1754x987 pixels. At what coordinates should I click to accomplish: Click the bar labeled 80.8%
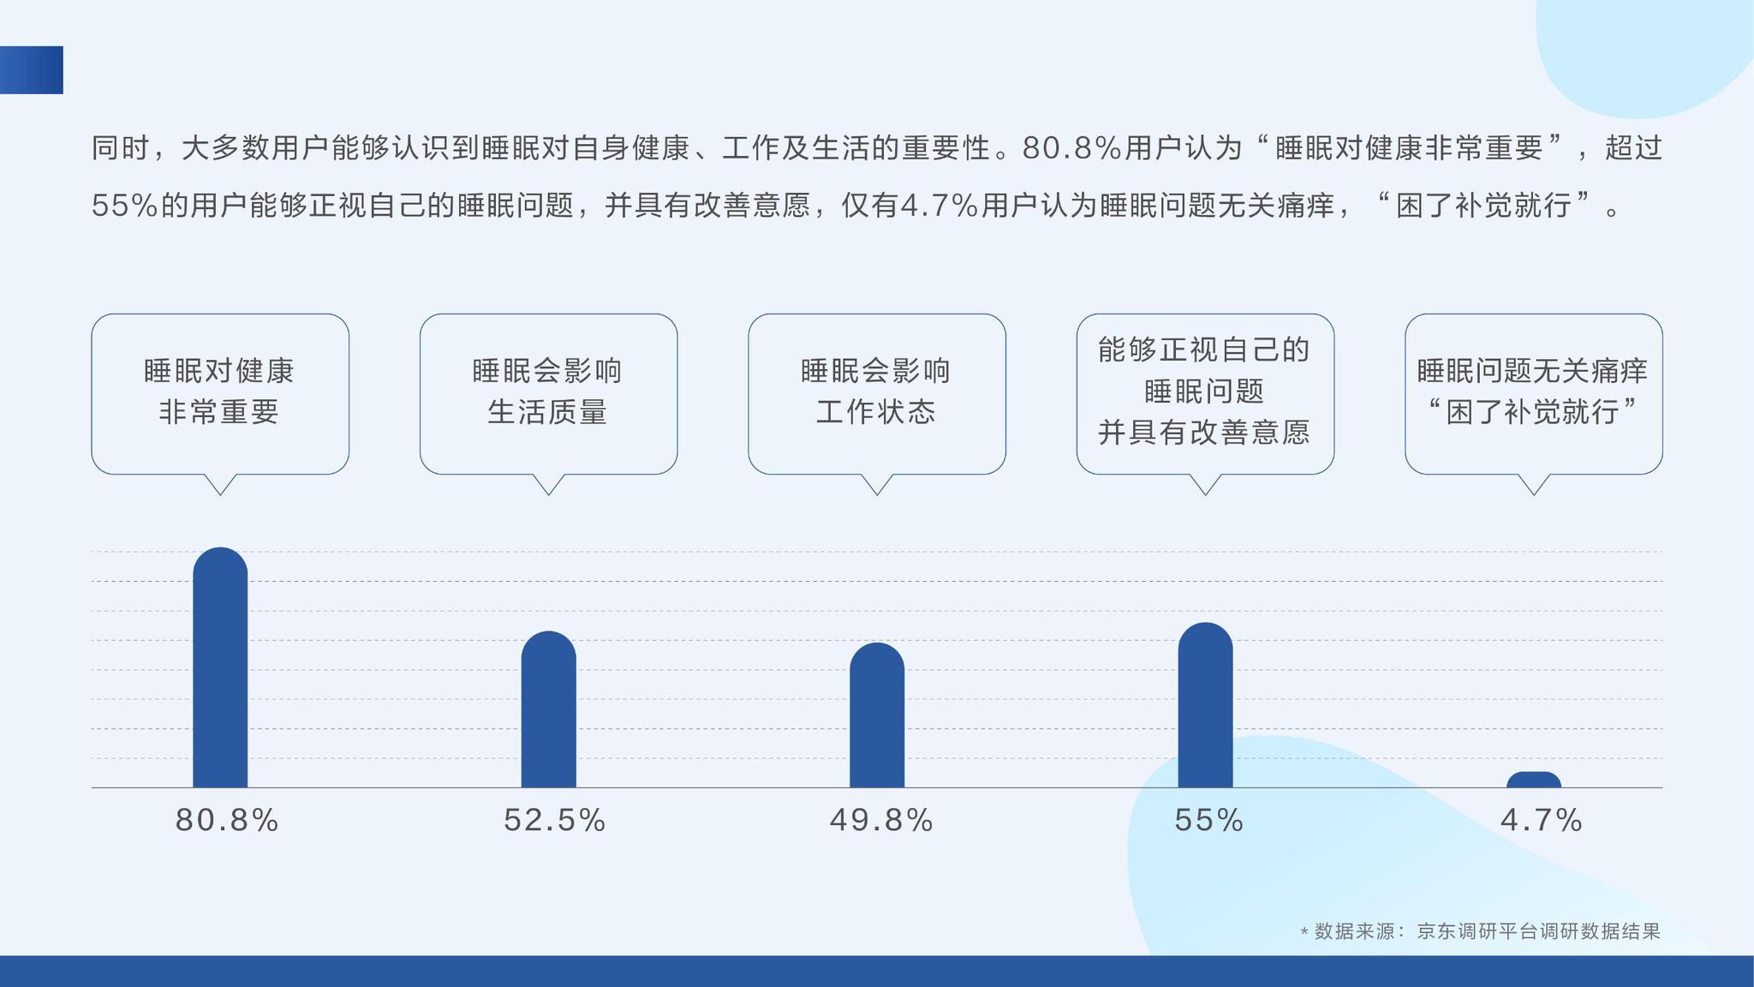220,667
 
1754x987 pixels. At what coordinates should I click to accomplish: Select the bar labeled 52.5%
549,709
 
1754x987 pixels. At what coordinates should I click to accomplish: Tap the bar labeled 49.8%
877,715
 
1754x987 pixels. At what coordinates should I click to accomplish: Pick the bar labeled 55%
1205,705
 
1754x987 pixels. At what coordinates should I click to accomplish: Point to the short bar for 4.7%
1534,780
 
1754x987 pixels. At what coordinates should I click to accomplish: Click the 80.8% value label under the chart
227,821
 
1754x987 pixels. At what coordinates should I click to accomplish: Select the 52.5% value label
555,821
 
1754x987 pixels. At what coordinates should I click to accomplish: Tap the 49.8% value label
881,821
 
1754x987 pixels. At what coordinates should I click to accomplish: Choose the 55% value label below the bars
1208,821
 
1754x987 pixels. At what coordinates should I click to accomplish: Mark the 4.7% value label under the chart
1541,821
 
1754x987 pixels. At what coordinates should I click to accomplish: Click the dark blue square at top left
32,70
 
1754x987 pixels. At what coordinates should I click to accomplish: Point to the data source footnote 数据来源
1480,931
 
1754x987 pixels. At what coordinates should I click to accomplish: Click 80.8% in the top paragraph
1071,148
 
